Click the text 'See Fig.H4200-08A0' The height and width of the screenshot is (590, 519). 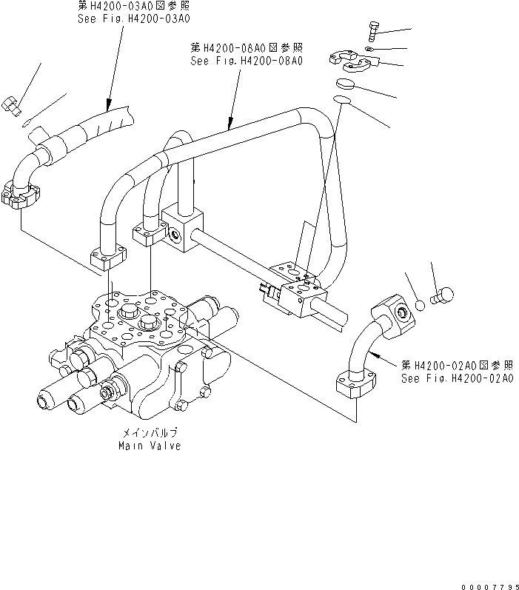[x=247, y=61]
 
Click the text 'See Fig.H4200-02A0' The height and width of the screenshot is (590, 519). [x=457, y=378]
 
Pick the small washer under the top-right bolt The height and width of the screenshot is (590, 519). [x=369, y=50]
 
